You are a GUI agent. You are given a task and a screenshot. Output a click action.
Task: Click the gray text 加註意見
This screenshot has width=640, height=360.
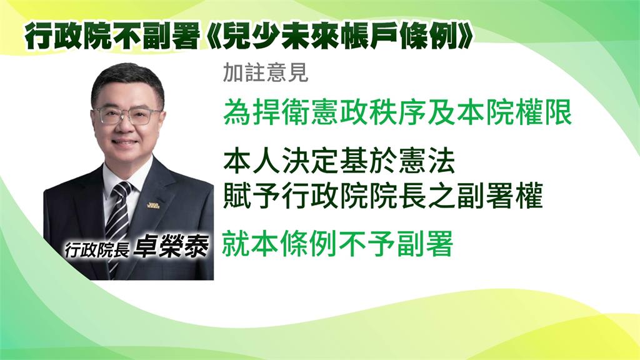point(265,73)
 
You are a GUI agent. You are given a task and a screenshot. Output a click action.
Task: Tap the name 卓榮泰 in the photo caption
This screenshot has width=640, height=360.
point(172,246)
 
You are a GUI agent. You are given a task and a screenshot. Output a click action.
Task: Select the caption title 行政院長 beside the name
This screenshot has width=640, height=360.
point(97,249)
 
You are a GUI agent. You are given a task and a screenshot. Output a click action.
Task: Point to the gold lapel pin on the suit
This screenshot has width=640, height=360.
point(153,204)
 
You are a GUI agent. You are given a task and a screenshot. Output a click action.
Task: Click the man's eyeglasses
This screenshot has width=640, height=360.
point(127,116)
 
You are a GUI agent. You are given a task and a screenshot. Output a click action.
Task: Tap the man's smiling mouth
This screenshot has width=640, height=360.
point(124,143)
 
